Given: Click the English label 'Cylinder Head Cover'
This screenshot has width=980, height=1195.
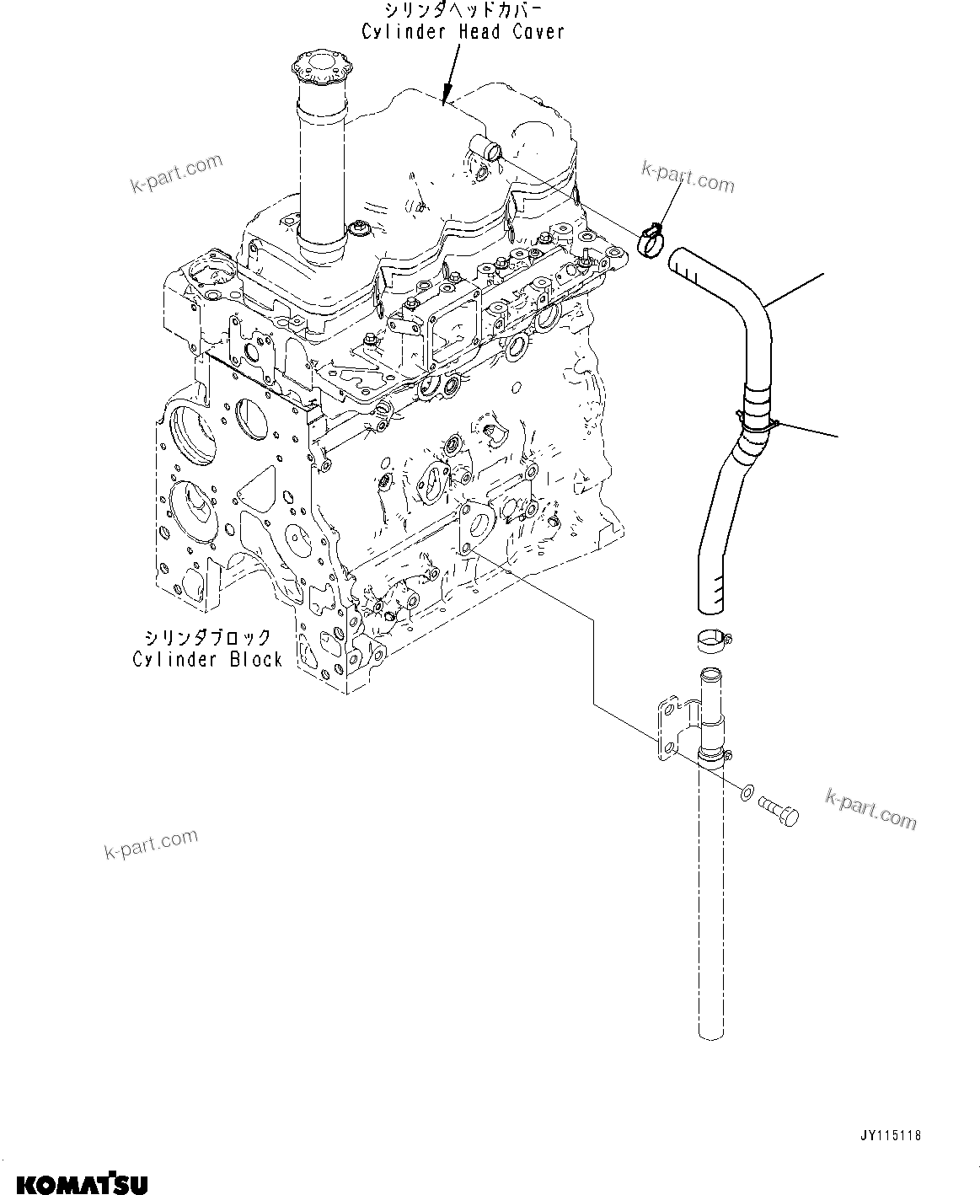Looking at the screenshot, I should tap(463, 32).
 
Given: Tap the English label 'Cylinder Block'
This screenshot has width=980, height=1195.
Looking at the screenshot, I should tap(207, 659).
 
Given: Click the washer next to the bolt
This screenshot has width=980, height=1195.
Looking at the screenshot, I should tap(746, 794).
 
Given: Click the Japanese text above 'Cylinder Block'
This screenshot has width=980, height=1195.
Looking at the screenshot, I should tap(207, 637).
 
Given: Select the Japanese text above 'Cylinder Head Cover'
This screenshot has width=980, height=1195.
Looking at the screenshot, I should tap(463, 11).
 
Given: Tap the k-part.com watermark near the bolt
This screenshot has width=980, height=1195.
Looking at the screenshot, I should tap(870, 808).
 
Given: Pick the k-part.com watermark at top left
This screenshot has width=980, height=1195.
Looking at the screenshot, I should tap(176, 174).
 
